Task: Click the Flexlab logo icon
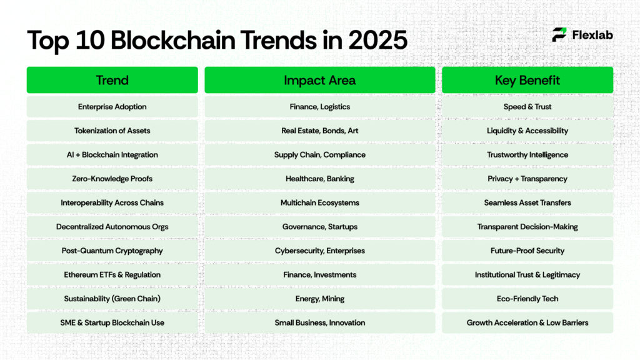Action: [x=559, y=35]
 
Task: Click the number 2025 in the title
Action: [x=377, y=40]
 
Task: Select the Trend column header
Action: [x=112, y=80]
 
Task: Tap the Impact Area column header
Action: [x=319, y=80]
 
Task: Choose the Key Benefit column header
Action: [x=527, y=80]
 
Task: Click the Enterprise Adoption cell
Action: [x=112, y=107]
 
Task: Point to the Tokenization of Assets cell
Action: [x=112, y=131]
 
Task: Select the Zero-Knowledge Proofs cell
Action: [x=112, y=179]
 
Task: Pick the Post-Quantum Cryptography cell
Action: [x=112, y=251]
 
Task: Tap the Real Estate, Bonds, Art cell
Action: [x=319, y=131]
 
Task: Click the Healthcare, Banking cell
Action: [x=319, y=179]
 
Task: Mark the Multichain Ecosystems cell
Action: [x=319, y=202]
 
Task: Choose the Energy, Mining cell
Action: [x=319, y=299]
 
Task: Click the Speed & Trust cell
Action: [x=527, y=107]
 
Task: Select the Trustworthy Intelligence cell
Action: [x=527, y=155]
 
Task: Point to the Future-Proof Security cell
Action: [x=527, y=251]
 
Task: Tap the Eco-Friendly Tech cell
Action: [x=527, y=299]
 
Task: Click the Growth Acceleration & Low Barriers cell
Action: [x=527, y=322]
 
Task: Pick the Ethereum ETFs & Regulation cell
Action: [x=112, y=275]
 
